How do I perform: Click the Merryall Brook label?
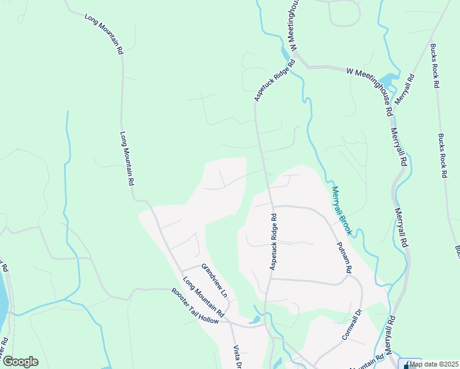[x=341, y=210]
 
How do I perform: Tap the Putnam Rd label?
[x=344, y=257]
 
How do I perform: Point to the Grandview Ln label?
[x=214, y=280]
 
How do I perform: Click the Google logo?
[x=20, y=362]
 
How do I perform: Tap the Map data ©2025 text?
[x=434, y=364]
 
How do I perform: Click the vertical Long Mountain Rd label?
[x=127, y=159]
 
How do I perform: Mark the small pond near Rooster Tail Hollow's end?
[x=254, y=320]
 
